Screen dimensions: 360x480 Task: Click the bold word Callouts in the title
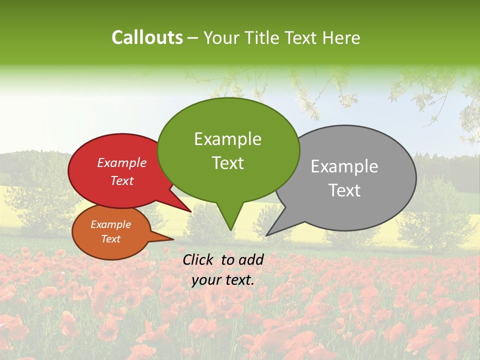(x=147, y=38)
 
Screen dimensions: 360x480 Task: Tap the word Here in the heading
(x=341, y=38)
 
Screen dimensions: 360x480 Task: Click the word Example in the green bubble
(x=227, y=139)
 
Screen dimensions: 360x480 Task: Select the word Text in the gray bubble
(x=344, y=190)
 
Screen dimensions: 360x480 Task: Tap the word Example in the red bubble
(x=121, y=163)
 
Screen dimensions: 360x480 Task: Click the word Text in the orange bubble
(x=110, y=239)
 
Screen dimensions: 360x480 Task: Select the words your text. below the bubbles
(x=222, y=280)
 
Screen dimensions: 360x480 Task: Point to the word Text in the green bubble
(x=227, y=163)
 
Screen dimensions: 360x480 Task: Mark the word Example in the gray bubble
(x=344, y=166)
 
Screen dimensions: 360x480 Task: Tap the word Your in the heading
(x=222, y=38)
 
